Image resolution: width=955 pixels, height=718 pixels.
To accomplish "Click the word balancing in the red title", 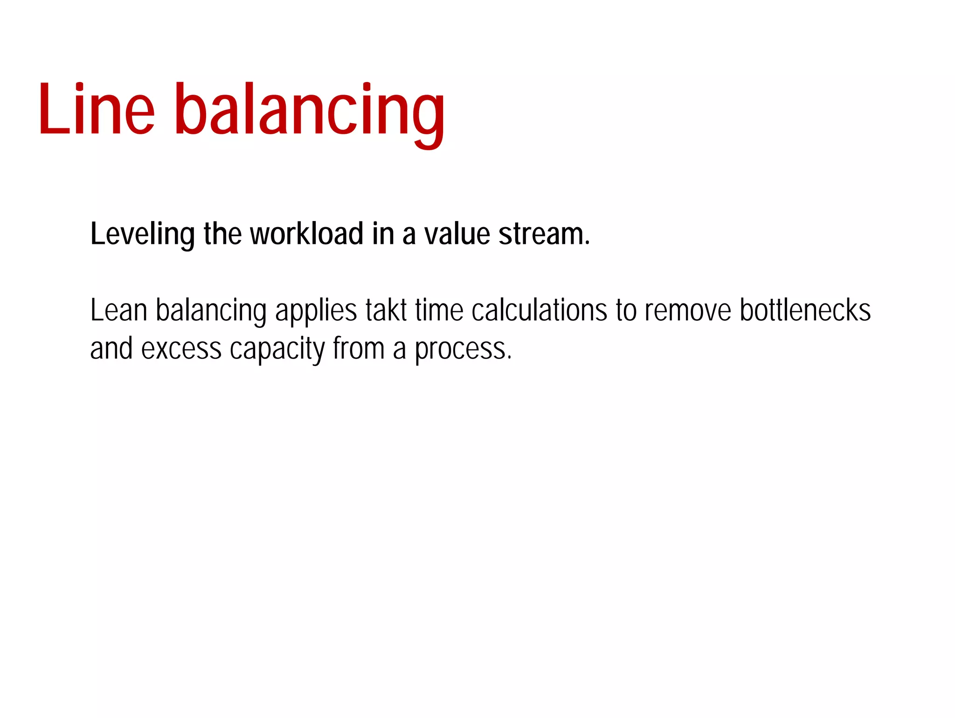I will click(x=310, y=112).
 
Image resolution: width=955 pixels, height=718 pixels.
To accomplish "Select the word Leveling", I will click(x=142, y=234).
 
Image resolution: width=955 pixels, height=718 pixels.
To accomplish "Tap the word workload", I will click(x=307, y=234).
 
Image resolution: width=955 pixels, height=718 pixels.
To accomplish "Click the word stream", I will click(x=540, y=234).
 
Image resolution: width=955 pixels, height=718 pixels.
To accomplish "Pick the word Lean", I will click(x=119, y=311).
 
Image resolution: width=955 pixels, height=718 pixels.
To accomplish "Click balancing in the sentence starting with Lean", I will click(x=211, y=311).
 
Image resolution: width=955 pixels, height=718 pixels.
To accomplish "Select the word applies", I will click(x=317, y=311).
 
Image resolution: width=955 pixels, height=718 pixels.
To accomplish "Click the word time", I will click(x=439, y=311).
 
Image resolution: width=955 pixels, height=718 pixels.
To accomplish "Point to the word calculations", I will click(x=539, y=311).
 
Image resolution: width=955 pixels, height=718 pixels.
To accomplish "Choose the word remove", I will click(x=688, y=311).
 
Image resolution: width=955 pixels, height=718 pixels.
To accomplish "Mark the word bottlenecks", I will click(x=805, y=311).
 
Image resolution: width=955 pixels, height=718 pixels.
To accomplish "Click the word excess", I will click(x=181, y=349).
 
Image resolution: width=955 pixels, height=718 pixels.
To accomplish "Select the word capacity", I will click(x=277, y=350).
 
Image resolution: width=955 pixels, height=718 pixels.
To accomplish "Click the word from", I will click(x=359, y=349).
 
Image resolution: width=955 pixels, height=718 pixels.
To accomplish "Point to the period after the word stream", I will click(x=587, y=242).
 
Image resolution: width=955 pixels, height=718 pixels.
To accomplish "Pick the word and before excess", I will click(x=111, y=349).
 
